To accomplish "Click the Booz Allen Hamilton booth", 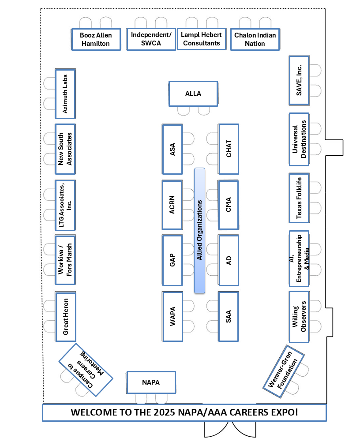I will pos(96,39).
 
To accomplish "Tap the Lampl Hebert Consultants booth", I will pos(202,39).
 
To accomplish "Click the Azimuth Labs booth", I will pos(65,94).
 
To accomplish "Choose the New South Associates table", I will pos(65,149).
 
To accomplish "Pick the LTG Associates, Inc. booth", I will pos(65,205).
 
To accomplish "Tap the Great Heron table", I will pos(65,316).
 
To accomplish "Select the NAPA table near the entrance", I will pos(151,382).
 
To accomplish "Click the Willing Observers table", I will pos(300,316).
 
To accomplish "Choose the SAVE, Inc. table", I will pos(300,80).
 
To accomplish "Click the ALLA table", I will pos(193,94).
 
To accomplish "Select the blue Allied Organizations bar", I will pos(200,230).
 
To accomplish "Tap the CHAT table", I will pos(229,149).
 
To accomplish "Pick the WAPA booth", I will pos(172,316).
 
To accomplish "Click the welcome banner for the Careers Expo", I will pos(184,413).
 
